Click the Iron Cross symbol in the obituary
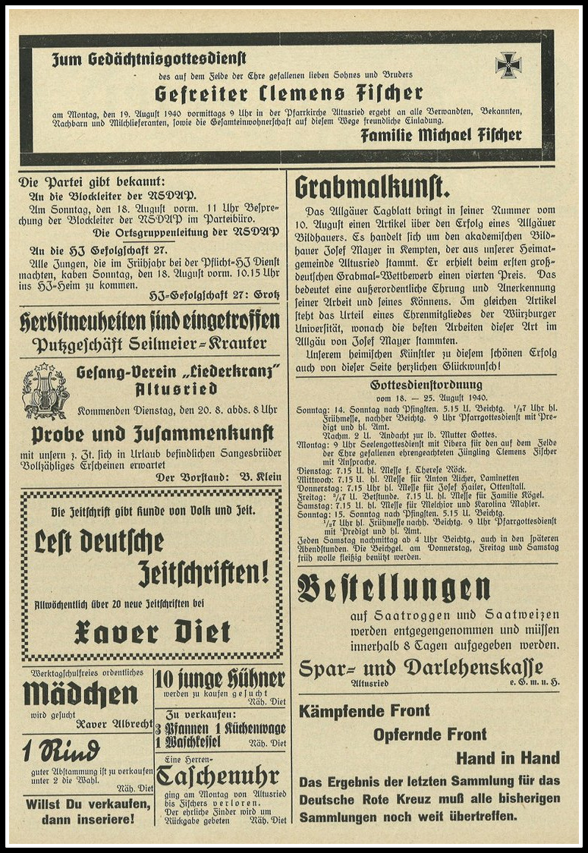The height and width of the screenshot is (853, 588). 508,65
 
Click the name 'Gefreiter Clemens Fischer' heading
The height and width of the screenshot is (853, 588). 288,93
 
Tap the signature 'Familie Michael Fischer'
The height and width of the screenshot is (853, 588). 441,135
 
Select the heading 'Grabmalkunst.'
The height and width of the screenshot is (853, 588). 373,187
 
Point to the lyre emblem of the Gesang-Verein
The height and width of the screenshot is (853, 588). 46,391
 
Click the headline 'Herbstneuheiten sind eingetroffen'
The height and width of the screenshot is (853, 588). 150,320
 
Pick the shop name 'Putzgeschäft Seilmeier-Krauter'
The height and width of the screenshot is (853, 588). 150,344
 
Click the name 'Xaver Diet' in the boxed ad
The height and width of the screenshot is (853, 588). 152,631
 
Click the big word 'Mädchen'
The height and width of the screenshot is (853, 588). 80,694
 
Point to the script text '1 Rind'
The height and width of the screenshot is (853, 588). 61,751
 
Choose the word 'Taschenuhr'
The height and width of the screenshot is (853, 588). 218,776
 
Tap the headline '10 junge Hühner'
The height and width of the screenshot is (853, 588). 221,679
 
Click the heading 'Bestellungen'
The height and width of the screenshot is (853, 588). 393,589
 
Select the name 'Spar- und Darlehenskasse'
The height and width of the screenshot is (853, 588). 421,667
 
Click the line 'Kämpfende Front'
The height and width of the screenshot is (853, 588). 364,711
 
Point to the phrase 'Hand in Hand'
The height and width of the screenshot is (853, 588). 508,757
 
